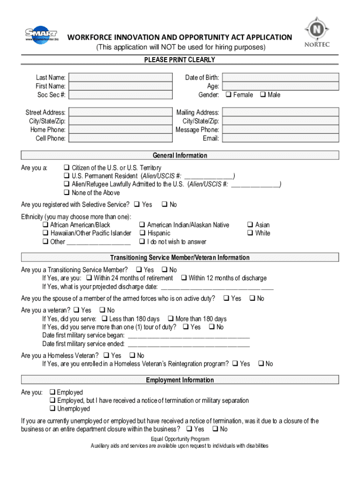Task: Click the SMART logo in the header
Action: point(41,35)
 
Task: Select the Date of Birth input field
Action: point(280,78)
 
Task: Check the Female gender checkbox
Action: point(228,95)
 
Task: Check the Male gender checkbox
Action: point(262,95)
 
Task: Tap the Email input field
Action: point(280,138)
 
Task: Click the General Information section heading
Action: point(180,155)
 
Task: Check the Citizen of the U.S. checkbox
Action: point(66,168)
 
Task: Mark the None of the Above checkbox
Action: point(66,193)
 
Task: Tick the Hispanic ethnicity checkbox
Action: point(142,233)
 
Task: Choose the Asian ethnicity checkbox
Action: point(250,225)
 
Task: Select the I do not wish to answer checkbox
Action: point(142,242)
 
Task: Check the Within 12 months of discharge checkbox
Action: point(184,278)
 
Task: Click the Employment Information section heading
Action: point(180,380)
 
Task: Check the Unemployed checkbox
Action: point(52,409)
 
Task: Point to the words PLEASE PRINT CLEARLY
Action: point(180,60)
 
